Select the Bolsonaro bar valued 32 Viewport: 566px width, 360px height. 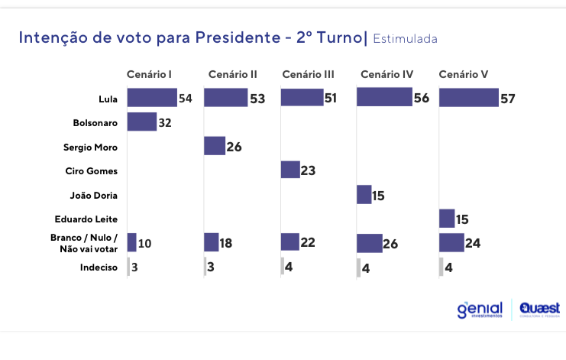141,122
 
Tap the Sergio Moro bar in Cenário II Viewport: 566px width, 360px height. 215,146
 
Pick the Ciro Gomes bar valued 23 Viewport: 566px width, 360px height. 290,170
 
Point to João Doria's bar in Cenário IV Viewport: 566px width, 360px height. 364,194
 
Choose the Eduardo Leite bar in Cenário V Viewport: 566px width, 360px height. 447,219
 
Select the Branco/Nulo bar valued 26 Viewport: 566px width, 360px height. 370,243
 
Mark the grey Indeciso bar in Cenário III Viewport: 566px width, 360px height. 282,267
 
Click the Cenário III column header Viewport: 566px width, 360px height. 308,74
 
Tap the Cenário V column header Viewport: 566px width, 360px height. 463,74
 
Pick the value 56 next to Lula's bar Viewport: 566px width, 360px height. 422,98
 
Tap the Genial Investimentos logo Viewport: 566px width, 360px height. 480,309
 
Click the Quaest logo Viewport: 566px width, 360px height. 539,309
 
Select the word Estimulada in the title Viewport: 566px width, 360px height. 406,38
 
